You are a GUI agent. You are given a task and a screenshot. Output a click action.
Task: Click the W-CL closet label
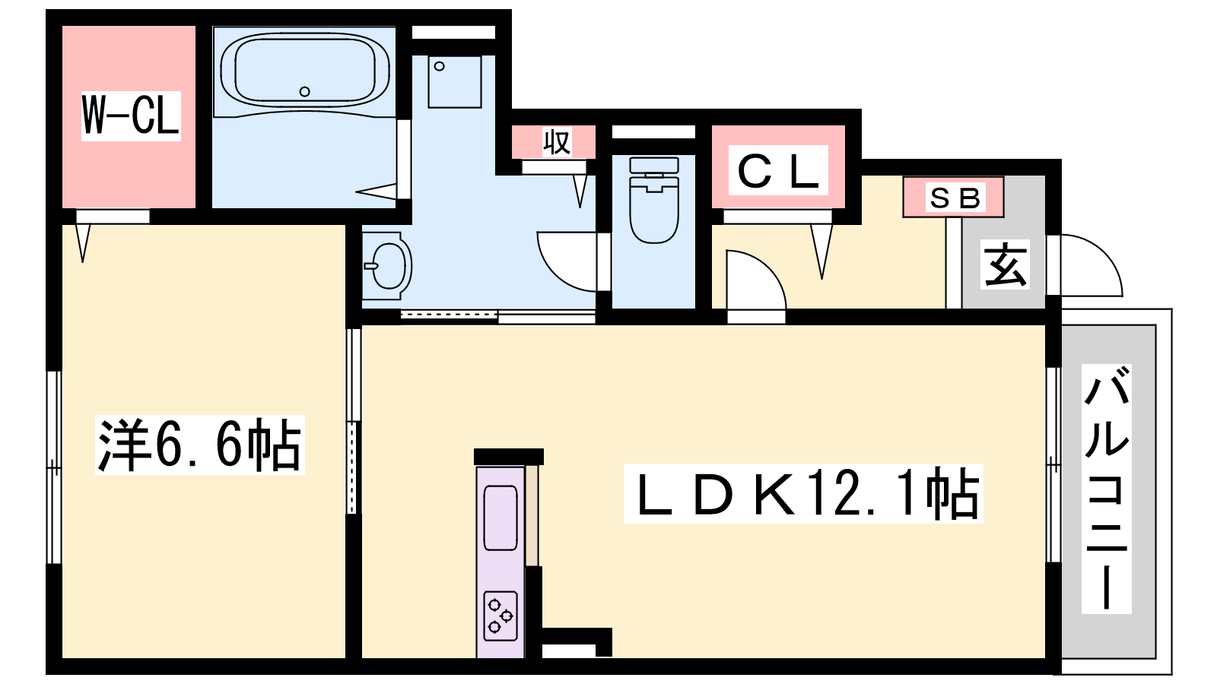[130, 116]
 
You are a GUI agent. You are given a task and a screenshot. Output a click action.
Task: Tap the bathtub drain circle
[305, 92]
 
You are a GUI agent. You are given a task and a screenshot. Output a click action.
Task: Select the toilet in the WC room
[654, 200]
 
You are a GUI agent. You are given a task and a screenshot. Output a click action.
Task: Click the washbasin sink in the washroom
[388, 266]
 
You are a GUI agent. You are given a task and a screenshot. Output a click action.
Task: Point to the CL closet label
[778, 170]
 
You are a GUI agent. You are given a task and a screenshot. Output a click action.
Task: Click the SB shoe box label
[955, 198]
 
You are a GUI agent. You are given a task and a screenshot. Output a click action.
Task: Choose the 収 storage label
[557, 142]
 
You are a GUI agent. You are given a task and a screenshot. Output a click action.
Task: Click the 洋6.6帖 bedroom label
[199, 445]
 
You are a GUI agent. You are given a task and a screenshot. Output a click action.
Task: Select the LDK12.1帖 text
[803, 493]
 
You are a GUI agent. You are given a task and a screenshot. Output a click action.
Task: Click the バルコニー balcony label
[1107, 489]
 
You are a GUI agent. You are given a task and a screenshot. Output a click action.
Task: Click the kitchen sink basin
[500, 518]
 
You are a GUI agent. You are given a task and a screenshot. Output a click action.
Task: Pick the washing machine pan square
[455, 81]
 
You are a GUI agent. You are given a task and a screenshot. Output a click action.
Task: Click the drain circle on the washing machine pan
[440, 66]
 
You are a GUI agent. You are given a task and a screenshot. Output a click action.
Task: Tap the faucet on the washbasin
[371, 266]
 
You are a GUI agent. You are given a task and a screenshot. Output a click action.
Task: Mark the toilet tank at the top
[654, 165]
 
